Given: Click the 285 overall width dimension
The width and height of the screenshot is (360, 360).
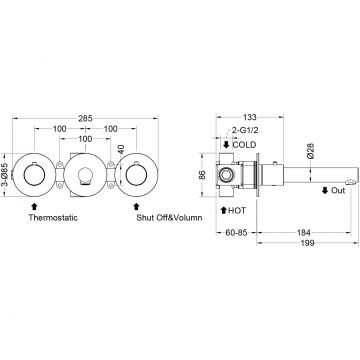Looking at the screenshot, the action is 85,118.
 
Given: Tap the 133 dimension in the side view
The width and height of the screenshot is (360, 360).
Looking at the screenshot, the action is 250,117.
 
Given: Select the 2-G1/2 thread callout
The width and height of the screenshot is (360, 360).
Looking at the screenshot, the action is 245,131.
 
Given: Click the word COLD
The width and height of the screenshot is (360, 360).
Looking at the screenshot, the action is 244,145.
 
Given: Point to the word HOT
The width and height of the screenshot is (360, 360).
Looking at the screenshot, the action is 237,211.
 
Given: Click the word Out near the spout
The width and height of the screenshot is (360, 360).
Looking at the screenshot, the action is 338,191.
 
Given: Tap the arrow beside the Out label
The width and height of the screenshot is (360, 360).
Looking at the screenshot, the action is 325,191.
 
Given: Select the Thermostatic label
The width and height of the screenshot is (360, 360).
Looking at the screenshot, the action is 53,218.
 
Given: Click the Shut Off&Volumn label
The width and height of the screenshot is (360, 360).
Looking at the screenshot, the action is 169,218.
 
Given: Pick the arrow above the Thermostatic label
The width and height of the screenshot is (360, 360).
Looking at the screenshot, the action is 34,206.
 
